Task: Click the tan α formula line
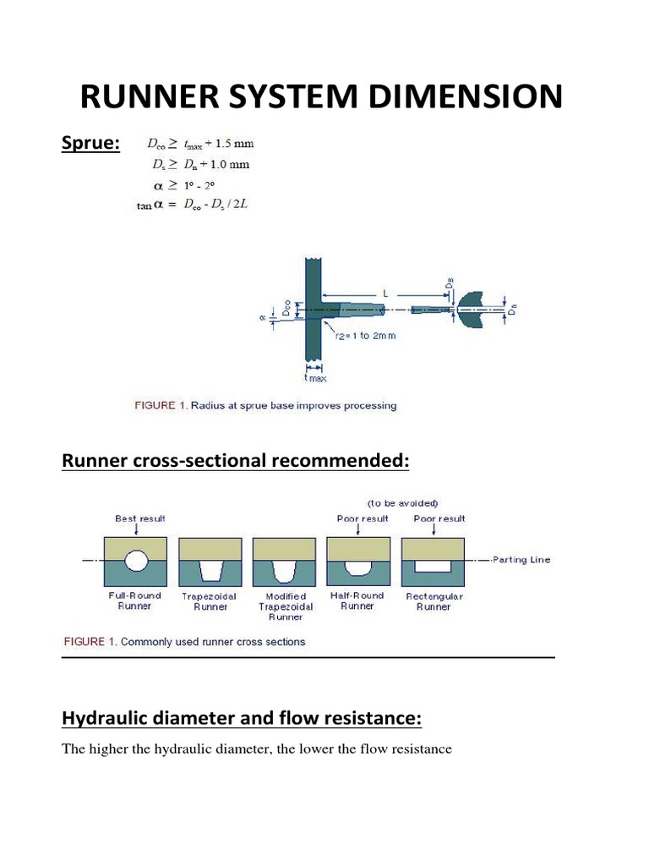202,204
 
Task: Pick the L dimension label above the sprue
384,292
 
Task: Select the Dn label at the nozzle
511,311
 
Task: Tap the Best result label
140,518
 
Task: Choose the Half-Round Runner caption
357,600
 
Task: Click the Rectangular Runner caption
434,601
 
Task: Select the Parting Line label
521,560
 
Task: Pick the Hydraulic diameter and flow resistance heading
242,719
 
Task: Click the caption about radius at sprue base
265,406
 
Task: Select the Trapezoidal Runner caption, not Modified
210,601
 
